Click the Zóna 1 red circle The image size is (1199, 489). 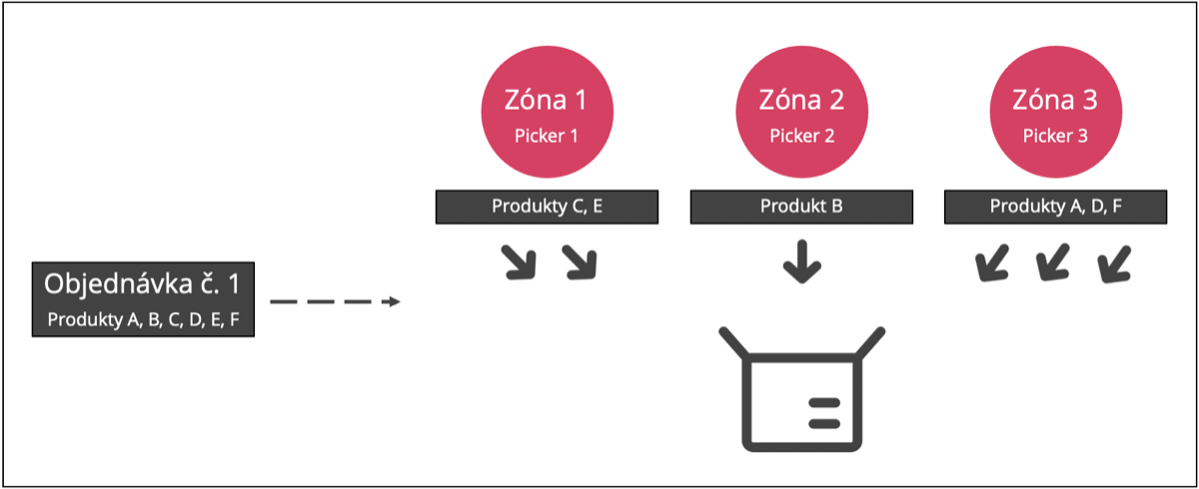pyautogui.click(x=548, y=112)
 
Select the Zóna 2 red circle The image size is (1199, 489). pyautogui.click(x=801, y=112)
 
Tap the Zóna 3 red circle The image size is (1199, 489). pyautogui.click(x=1055, y=112)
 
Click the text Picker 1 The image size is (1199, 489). pyautogui.click(x=547, y=137)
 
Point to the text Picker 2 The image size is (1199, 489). pyautogui.click(x=801, y=137)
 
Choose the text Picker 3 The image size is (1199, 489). pyautogui.click(x=1055, y=137)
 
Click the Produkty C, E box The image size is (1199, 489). pyautogui.click(x=548, y=207)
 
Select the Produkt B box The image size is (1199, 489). pyautogui.click(x=801, y=207)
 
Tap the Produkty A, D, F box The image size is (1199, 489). pyautogui.click(x=1055, y=207)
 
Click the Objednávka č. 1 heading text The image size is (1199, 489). pyautogui.click(x=142, y=283)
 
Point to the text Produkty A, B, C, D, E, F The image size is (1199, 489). pyautogui.click(x=144, y=319)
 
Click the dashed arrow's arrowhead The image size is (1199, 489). pyautogui.click(x=394, y=302)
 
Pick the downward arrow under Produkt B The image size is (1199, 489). pyautogui.click(x=801, y=261)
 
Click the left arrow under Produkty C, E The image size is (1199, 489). pyautogui.click(x=520, y=262)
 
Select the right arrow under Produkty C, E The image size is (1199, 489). pyautogui.click(x=581, y=262)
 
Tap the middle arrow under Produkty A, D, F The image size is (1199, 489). pyautogui.click(x=1052, y=262)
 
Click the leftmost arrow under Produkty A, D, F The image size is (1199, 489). pyautogui.click(x=991, y=262)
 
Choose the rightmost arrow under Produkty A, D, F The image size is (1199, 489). pyautogui.click(x=1113, y=262)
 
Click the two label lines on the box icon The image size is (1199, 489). pyautogui.click(x=824, y=413)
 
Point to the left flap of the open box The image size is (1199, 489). pyautogui.click(x=733, y=342)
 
